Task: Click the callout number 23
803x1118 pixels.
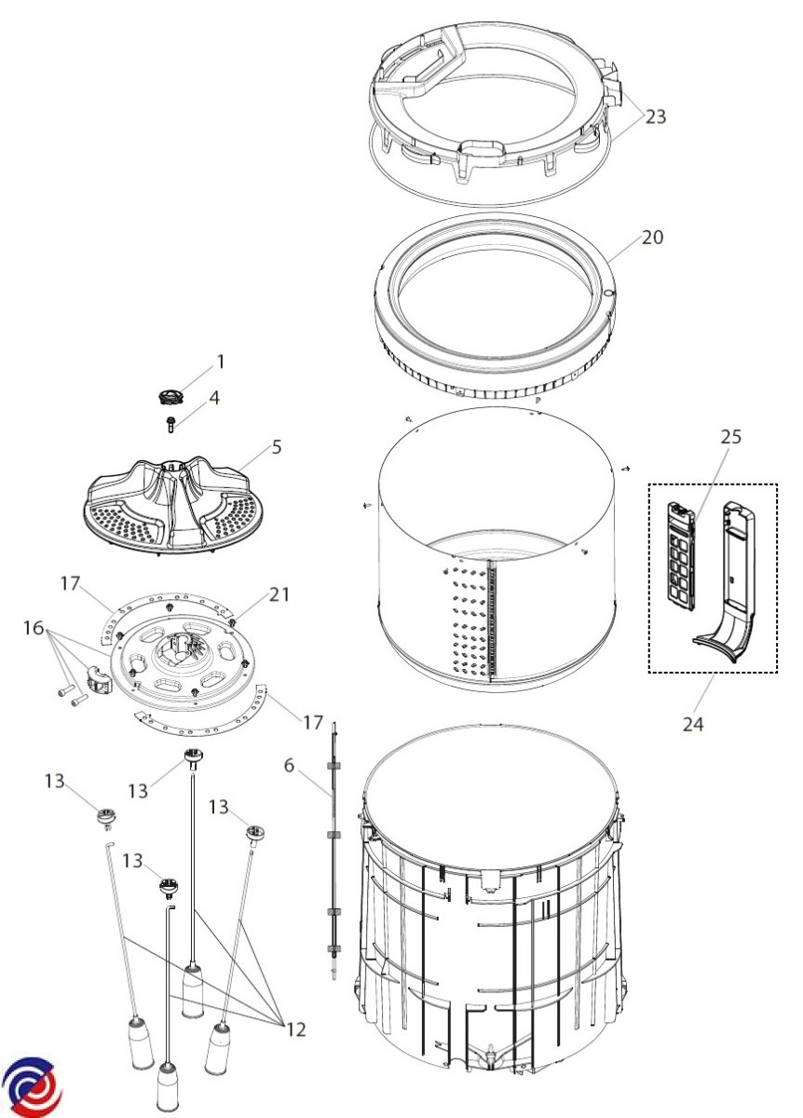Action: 656,116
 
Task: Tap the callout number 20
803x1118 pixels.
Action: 652,237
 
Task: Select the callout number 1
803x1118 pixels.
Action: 221,361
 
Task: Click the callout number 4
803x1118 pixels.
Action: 214,399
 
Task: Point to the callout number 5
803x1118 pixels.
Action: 277,446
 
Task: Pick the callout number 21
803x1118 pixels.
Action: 279,594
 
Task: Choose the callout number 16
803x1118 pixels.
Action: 34,628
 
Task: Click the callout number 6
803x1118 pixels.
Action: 289,765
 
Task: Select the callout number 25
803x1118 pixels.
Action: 731,437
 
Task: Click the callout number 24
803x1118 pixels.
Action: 693,724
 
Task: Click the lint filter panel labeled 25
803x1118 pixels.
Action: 681,556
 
